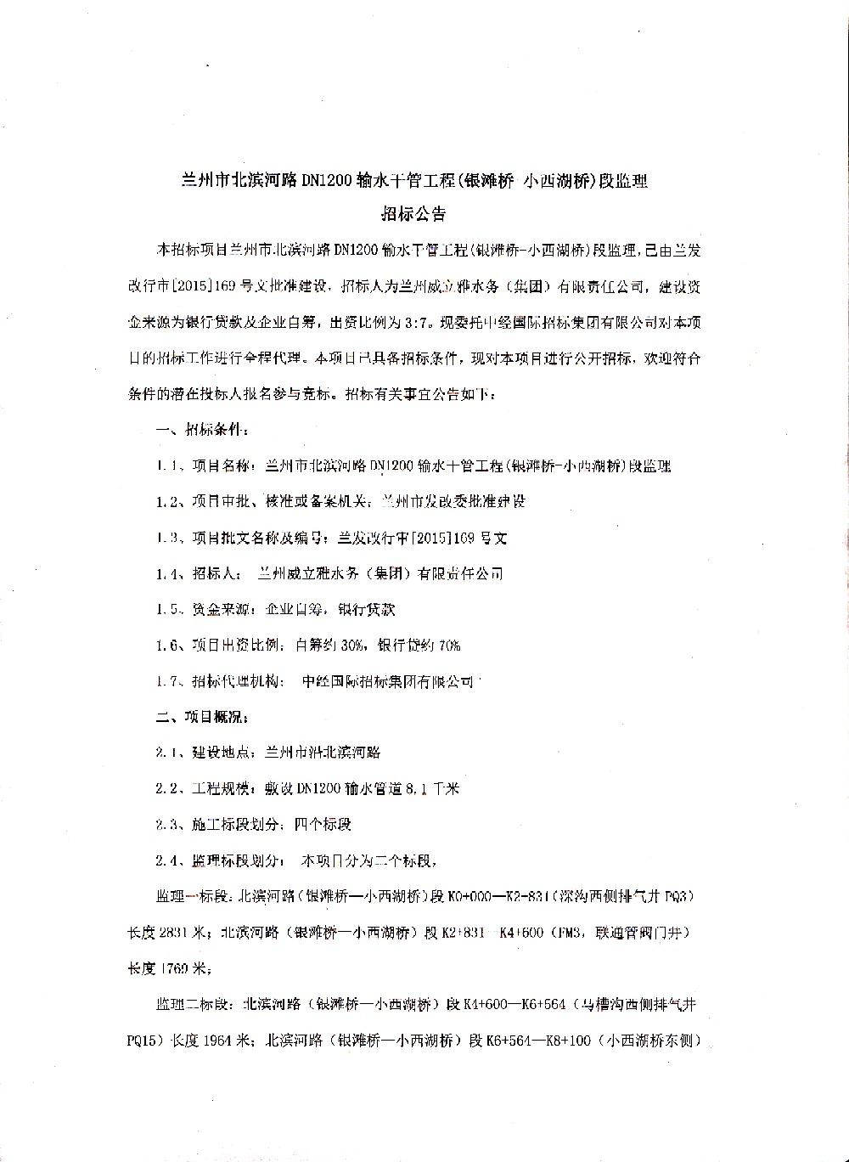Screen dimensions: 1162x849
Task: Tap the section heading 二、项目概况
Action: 202,716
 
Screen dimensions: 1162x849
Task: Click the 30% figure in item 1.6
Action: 351,646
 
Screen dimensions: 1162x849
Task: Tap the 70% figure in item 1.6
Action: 448,646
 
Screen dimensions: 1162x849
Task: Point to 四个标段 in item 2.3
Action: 323,824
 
